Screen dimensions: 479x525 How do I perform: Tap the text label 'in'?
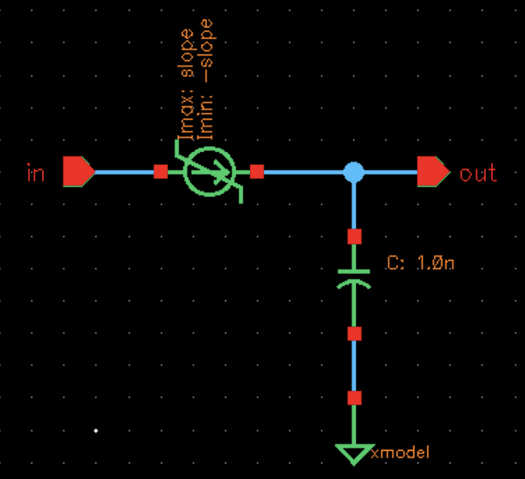(x=36, y=174)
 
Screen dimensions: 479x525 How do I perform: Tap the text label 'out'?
(x=478, y=174)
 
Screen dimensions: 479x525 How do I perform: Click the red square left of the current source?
(x=160, y=172)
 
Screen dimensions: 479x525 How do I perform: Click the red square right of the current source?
(x=257, y=172)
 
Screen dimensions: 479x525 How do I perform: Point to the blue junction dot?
(x=353, y=172)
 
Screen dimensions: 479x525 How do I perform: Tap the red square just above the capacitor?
(x=354, y=237)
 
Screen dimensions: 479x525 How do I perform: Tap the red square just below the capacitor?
(x=354, y=334)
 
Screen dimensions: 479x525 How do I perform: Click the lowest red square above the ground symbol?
(x=354, y=398)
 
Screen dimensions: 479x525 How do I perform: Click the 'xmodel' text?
(x=400, y=453)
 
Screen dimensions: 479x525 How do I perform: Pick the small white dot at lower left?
(x=96, y=430)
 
